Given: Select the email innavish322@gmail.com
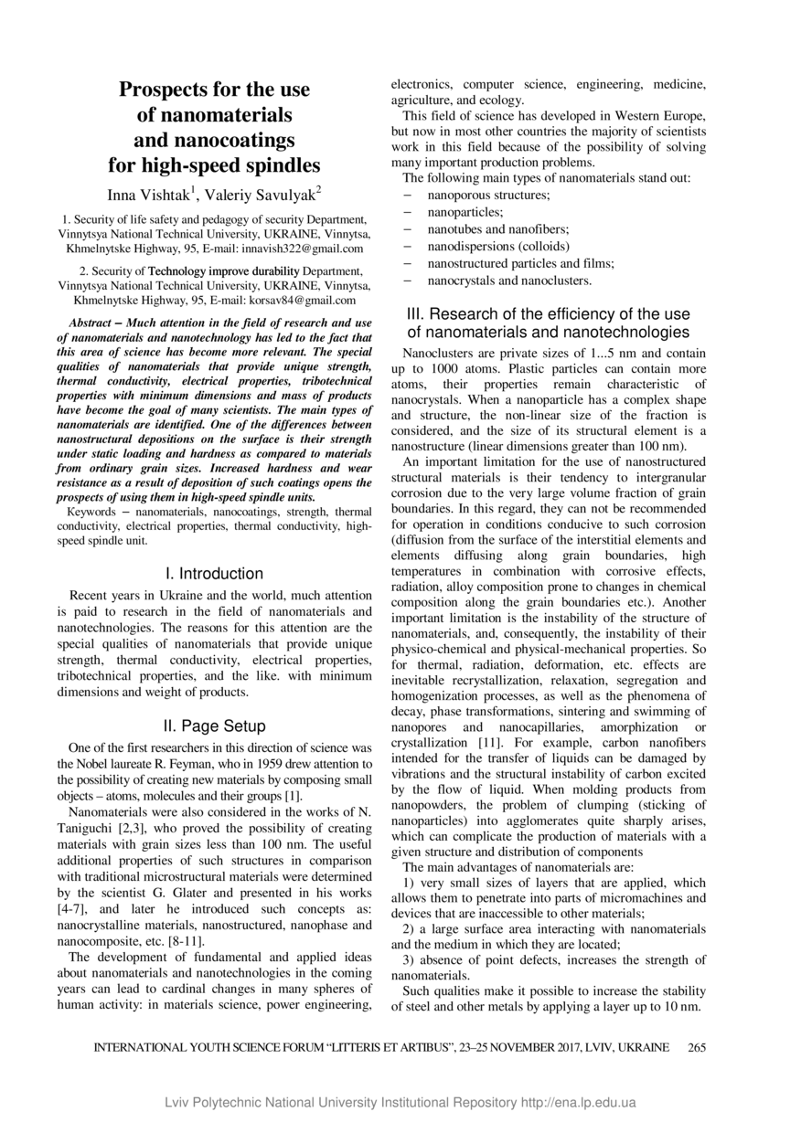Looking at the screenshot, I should pyautogui.click(x=304, y=249).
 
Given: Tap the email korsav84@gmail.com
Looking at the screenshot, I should pyautogui.click(x=304, y=300).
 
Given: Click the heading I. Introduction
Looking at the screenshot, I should pyautogui.click(x=215, y=574).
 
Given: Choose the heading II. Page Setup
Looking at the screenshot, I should pyautogui.click(x=215, y=726).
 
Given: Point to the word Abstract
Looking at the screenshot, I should pyautogui.click(x=95, y=323).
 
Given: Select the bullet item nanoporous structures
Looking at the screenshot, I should pyautogui.click(x=488, y=196).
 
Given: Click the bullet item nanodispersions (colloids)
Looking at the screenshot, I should pyautogui.click(x=498, y=247).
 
